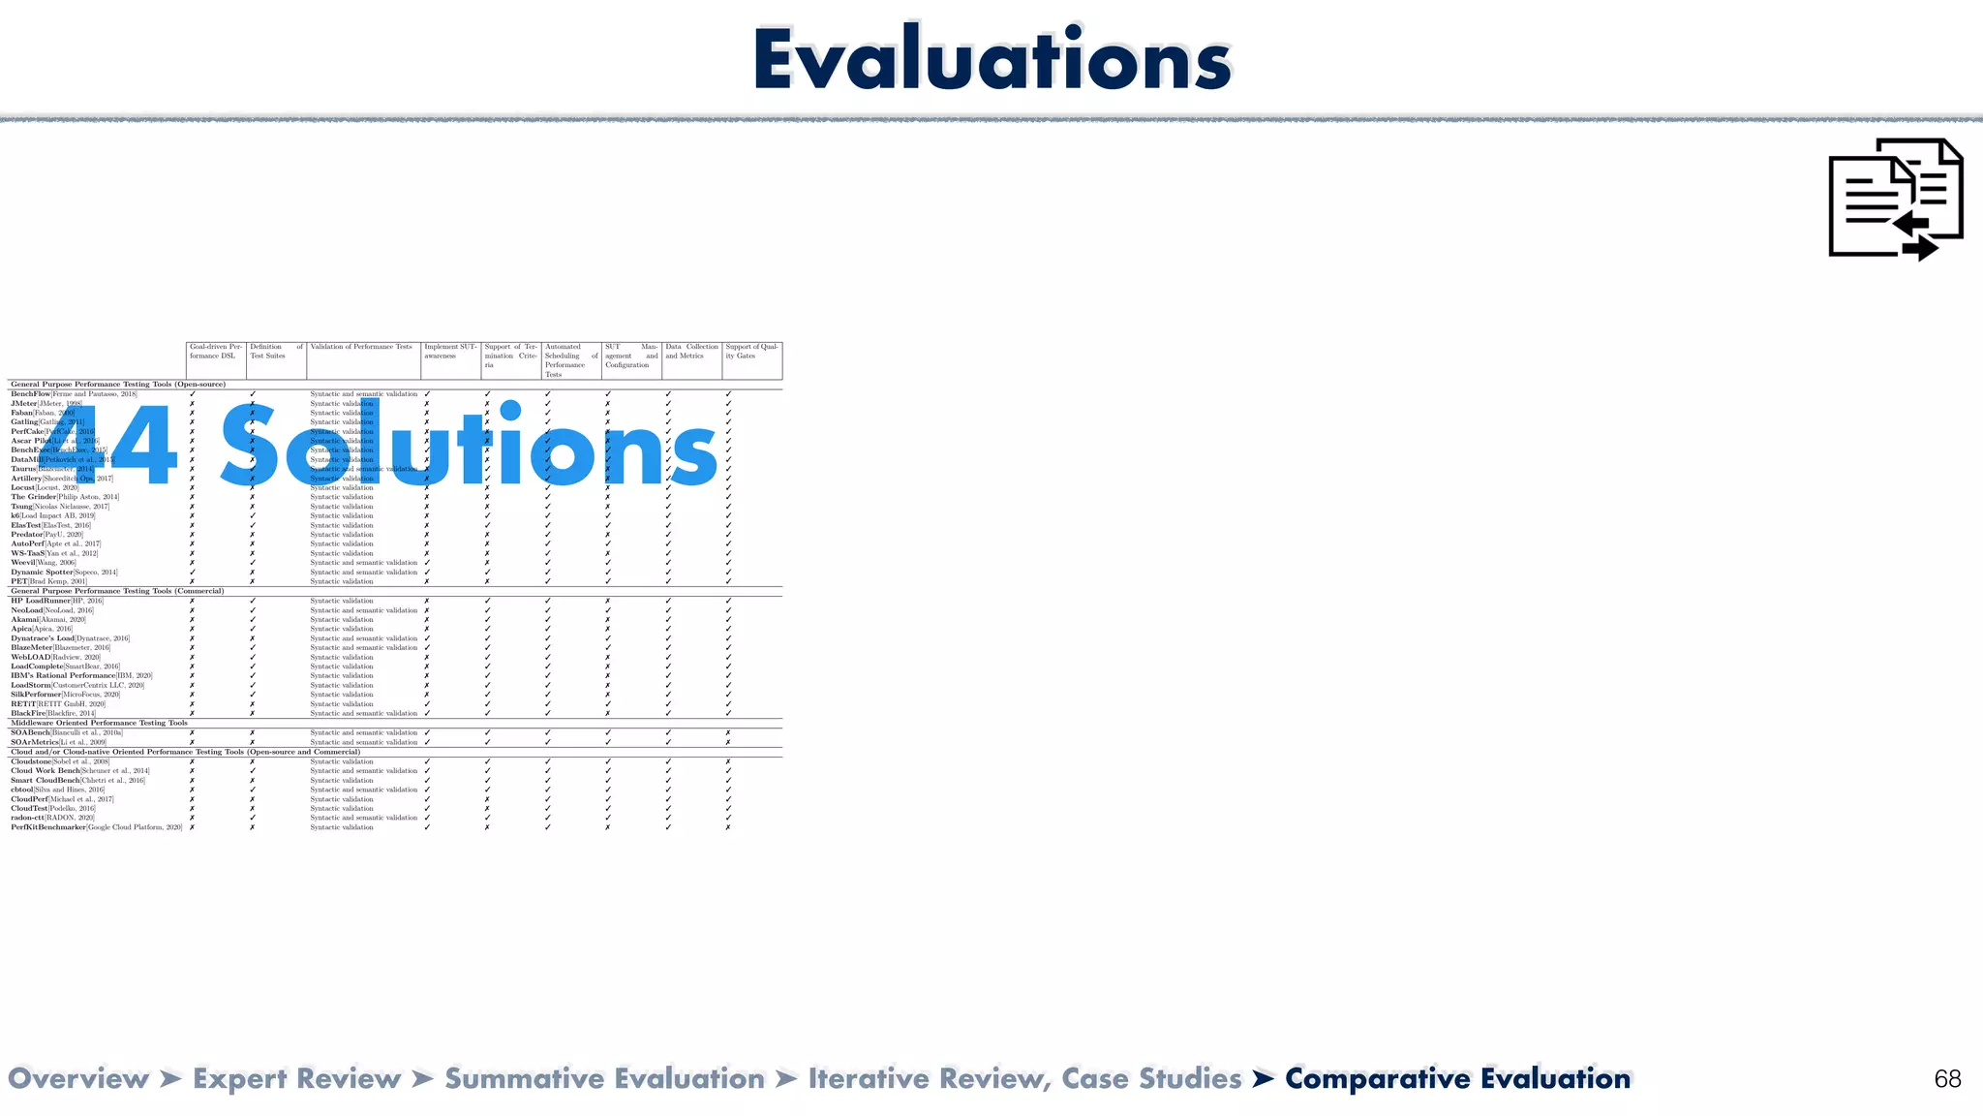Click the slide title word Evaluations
tap(991, 60)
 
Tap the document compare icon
tap(1895, 200)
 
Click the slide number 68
tap(1947, 1079)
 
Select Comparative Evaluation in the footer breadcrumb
tap(1457, 1079)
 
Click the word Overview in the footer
tap(78, 1079)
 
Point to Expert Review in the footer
tap(296, 1079)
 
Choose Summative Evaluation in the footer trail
tap(604, 1079)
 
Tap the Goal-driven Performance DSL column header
tap(216, 352)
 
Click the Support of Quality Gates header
tap(751, 352)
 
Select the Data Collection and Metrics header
tap(691, 352)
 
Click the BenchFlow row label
tap(31, 394)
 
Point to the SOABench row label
tap(30, 733)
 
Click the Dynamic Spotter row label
tap(42, 573)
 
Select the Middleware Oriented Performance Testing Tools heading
tap(99, 723)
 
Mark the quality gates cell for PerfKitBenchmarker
tap(728, 827)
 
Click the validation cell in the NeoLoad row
tap(363, 610)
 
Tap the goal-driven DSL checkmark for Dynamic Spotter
tap(193, 573)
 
